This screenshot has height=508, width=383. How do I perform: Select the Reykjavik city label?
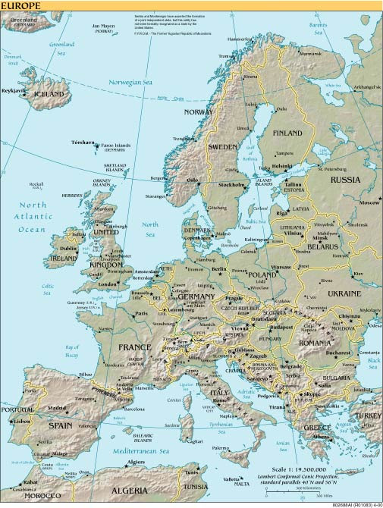(14, 89)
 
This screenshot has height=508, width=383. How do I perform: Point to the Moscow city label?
(369, 203)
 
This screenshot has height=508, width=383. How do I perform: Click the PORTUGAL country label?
(15, 409)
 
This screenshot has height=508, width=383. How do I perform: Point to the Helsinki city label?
(281, 165)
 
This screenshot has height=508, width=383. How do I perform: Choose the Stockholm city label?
(231, 184)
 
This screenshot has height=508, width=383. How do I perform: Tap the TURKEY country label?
(369, 416)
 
